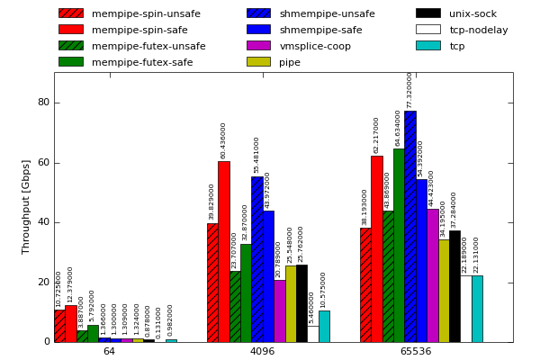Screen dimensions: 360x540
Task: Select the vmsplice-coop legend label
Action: [x=315, y=46]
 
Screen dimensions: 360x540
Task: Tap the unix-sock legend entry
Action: [x=472, y=13]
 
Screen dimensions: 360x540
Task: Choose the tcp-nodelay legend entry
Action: [x=478, y=30]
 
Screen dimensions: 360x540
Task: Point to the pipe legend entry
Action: [x=290, y=62]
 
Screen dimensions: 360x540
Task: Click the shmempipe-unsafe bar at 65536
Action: [x=410, y=226]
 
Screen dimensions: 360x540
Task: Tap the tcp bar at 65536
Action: [x=477, y=309]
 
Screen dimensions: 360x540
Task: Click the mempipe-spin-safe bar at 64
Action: [x=71, y=323]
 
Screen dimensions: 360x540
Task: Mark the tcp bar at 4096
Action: [x=324, y=326]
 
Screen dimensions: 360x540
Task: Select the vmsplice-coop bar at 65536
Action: [x=433, y=275]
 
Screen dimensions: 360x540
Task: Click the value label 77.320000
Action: [x=409, y=90]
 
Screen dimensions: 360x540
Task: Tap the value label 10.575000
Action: [x=324, y=290]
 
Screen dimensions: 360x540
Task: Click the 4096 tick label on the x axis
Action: [x=262, y=351]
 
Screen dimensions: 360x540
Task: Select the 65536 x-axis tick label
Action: [x=416, y=351]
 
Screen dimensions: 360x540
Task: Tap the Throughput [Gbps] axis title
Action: [x=26, y=207]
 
